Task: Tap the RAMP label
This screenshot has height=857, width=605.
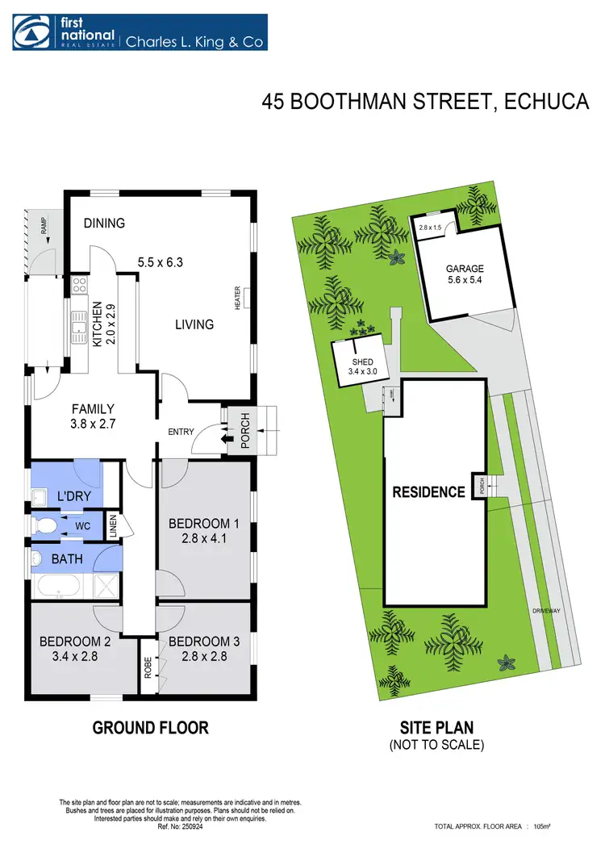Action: tap(35, 220)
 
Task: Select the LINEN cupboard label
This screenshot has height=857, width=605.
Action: tap(114, 526)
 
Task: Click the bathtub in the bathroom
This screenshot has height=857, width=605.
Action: tap(56, 587)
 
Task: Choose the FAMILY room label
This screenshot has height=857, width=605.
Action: tap(92, 408)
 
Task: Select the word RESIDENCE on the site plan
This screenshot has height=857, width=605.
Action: tap(428, 491)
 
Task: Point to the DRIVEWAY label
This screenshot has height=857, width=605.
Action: tap(546, 611)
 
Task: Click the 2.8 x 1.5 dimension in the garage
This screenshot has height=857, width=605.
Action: tap(431, 228)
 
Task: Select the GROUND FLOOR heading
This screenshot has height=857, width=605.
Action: tap(151, 727)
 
